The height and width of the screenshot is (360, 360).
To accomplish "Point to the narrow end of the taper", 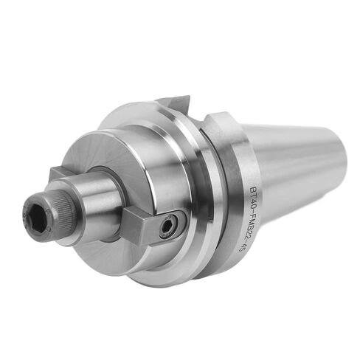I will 343,173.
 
